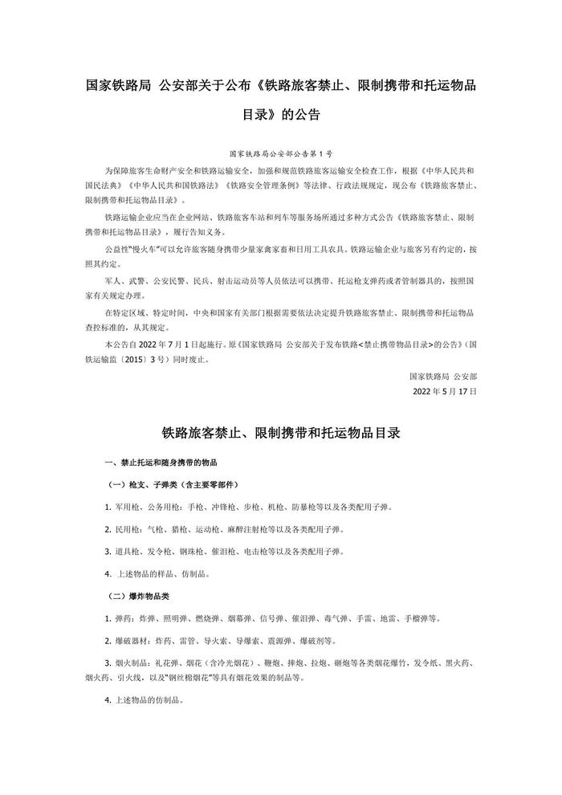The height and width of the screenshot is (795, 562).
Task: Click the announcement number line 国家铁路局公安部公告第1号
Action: click(280, 152)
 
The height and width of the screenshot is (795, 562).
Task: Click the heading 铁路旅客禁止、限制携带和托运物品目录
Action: click(280, 432)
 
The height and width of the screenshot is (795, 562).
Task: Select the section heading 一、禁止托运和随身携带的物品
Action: click(161, 463)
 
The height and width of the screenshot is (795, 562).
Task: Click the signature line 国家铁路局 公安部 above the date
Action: click(442, 375)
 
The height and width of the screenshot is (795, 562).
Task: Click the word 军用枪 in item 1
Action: click(127, 508)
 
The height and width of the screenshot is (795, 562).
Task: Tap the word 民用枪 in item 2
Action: click(127, 529)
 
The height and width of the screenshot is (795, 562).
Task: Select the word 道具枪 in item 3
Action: click(127, 552)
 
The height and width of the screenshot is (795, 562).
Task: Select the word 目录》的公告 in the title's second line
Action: click(280, 114)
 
